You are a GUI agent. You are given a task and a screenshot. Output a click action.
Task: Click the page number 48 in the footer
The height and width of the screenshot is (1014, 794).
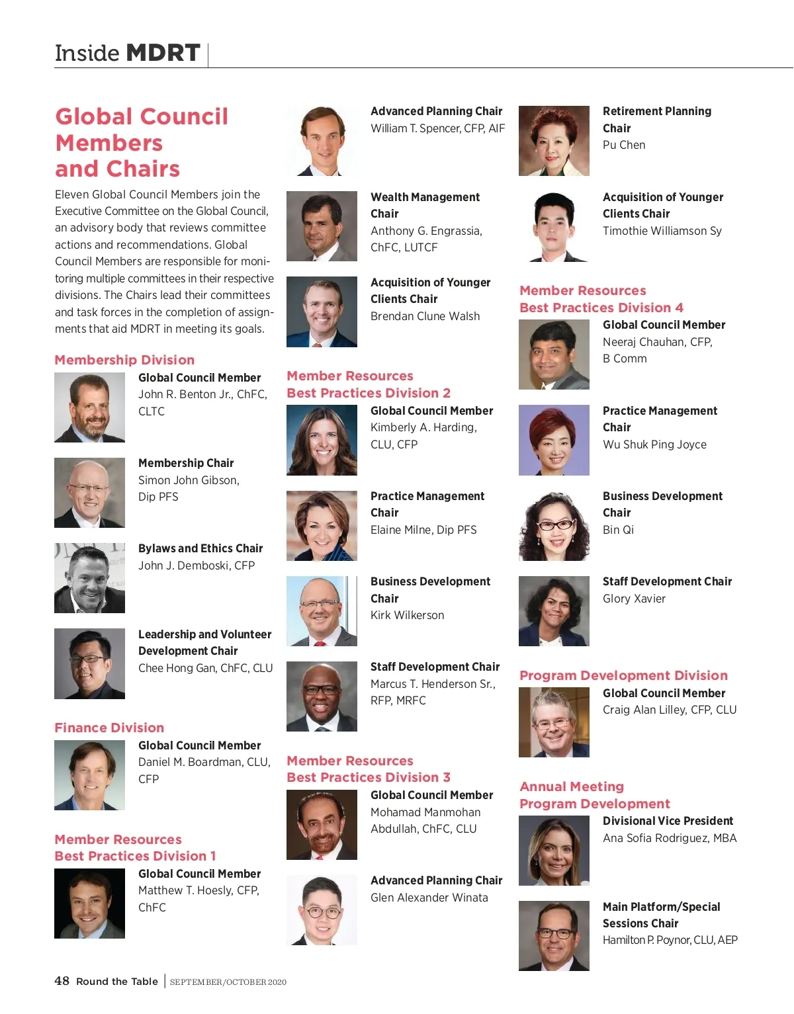click(x=62, y=980)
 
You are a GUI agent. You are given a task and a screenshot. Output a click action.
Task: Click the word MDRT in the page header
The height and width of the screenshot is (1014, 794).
click(x=163, y=53)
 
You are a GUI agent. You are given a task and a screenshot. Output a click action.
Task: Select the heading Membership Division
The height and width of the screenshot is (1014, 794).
click(x=124, y=360)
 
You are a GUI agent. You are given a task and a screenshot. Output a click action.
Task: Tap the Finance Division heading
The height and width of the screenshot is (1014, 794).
click(x=109, y=728)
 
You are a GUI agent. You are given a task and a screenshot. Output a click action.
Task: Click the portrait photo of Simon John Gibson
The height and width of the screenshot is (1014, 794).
click(x=89, y=493)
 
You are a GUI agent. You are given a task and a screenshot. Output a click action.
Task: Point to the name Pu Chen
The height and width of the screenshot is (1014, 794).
click(x=624, y=145)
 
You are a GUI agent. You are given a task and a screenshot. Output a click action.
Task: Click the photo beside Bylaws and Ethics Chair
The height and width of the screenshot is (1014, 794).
click(x=89, y=578)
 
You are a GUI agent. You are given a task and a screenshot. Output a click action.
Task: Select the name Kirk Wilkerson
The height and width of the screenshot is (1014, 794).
click(x=407, y=615)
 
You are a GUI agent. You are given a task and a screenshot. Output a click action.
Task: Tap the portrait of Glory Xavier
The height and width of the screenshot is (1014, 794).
click(x=554, y=611)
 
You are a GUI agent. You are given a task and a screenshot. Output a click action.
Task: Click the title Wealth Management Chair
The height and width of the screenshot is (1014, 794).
click(x=425, y=205)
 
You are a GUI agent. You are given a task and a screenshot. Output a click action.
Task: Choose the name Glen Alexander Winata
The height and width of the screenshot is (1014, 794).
click(x=429, y=898)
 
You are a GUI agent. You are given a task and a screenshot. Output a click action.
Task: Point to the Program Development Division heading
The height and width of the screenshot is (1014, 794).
click(x=623, y=675)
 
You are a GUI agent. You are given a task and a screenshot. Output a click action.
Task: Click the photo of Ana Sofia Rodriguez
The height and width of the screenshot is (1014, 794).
click(x=554, y=851)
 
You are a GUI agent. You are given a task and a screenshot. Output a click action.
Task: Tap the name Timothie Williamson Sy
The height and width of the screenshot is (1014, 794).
click(x=662, y=231)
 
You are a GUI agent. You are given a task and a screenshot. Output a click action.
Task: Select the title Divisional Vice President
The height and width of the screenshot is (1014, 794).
click(x=668, y=821)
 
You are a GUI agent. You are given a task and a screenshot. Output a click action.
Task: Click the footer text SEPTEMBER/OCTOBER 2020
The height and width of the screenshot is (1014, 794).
click(x=228, y=982)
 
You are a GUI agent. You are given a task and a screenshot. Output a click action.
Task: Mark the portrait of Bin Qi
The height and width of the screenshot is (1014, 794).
click(x=554, y=526)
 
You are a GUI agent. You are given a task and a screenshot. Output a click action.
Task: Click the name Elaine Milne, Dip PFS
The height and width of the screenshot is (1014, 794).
click(x=423, y=530)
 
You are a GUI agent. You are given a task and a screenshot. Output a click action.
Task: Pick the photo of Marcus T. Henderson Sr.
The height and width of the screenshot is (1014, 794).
click(x=322, y=697)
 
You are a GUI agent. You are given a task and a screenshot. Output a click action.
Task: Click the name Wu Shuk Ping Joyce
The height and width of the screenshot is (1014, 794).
click(x=654, y=444)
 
